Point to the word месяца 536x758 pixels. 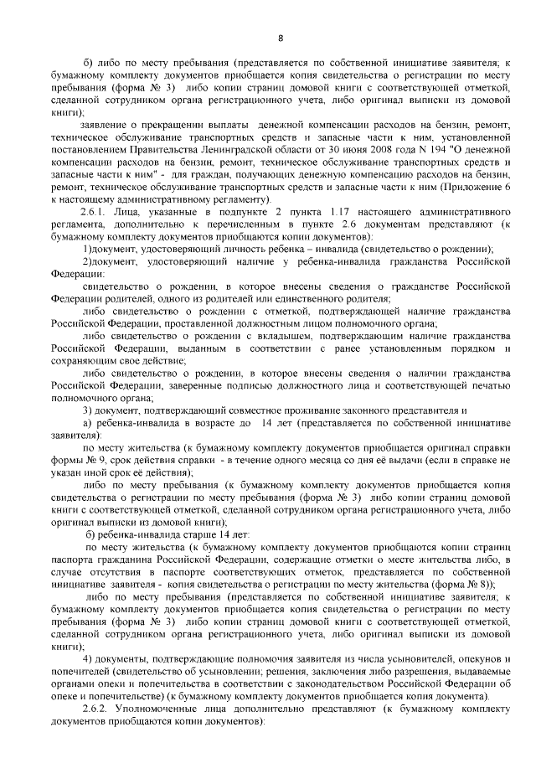(x=331, y=460)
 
